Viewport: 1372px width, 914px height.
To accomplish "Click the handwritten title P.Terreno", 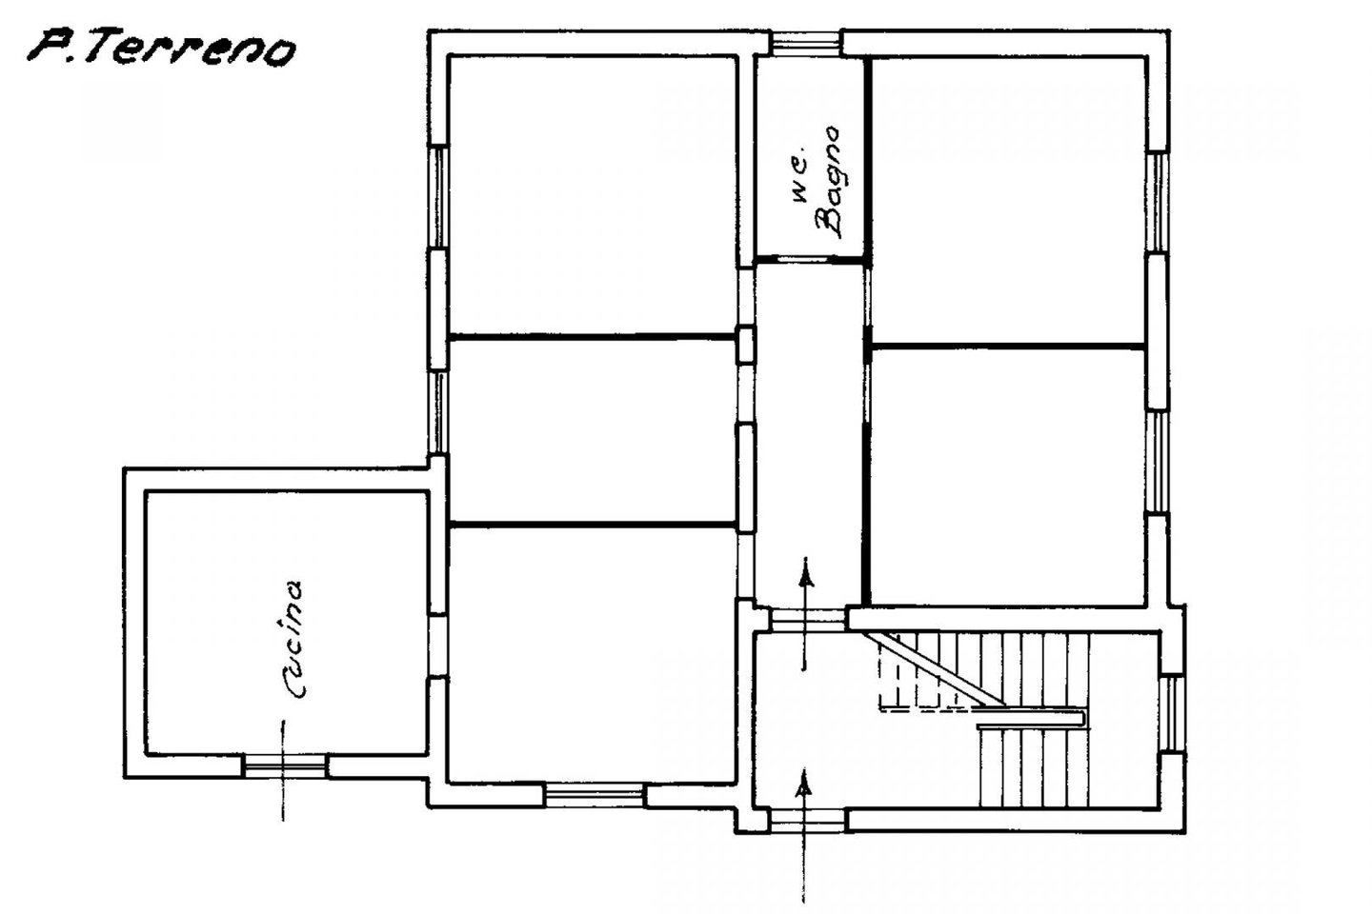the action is (162, 49).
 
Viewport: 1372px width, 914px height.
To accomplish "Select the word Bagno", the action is (830, 182).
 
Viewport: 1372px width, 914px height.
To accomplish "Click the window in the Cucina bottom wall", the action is (284, 765).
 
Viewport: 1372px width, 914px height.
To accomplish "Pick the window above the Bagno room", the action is (806, 44).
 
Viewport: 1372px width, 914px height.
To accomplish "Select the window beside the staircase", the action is (1173, 714).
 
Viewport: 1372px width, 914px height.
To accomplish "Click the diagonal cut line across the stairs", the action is (931, 669).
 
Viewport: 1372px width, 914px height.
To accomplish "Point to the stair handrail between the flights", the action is (1031, 719).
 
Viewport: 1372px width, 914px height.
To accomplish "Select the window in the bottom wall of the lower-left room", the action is (594, 795).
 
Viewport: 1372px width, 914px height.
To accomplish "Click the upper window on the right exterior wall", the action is (1157, 202).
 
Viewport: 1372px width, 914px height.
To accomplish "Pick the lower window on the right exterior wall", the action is (1157, 462).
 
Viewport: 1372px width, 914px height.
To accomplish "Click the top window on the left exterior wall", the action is (438, 196).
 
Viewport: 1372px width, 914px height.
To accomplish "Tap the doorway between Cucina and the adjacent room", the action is (437, 646).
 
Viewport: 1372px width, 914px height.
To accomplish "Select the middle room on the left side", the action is (593, 431).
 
